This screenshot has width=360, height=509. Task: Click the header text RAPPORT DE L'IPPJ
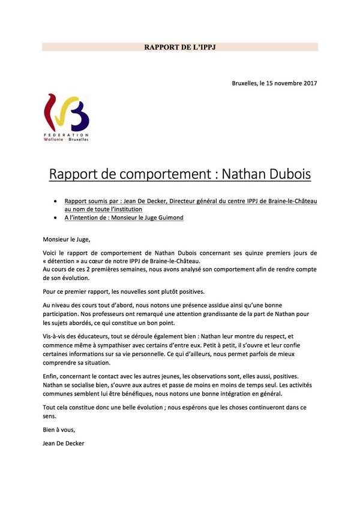180,46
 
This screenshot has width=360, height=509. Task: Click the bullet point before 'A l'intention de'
56,218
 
